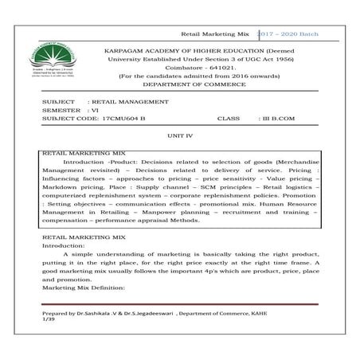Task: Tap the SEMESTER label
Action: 61,111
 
